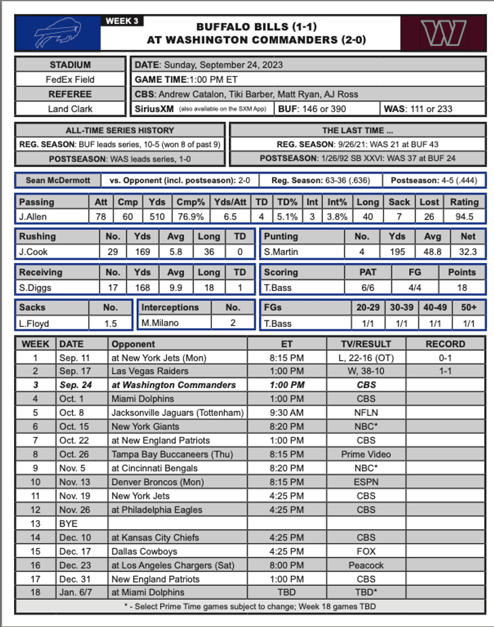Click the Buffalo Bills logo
coord(57,33)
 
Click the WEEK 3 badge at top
coord(122,21)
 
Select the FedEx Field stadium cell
coord(70,80)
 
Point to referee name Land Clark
coord(70,109)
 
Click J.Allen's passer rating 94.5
coord(464,217)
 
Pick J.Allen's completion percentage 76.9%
coord(191,217)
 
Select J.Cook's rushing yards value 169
coord(143,252)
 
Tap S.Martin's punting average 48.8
coord(433,252)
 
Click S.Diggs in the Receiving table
coord(35,288)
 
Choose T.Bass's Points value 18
coord(462,288)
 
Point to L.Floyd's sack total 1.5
coord(110,324)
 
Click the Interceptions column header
coord(170,307)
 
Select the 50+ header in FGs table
coord(468,307)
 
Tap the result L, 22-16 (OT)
coord(366,358)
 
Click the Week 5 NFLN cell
coord(366,413)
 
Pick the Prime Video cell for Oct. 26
coord(366,454)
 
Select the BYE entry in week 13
coord(69,524)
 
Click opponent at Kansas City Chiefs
coord(155,537)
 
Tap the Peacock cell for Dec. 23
coord(366,565)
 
